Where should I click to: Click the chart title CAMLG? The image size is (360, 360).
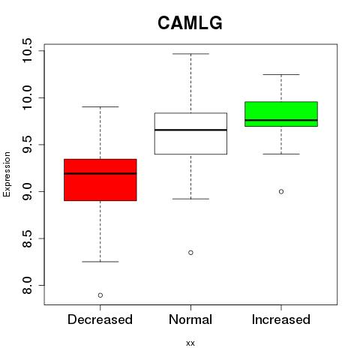click(x=190, y=23)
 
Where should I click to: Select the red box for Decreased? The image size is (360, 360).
click(x=100, y=180)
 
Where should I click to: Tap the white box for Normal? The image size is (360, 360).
click(x=190, y=133)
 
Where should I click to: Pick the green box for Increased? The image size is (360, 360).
click(x=281, y=114)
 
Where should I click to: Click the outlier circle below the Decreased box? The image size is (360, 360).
click(x=100, y=295)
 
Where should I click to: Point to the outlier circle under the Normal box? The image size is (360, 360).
click(x=190, y=253)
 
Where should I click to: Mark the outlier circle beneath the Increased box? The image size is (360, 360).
click(x=281, y=191)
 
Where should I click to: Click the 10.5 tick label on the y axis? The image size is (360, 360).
click(x=27, y=51)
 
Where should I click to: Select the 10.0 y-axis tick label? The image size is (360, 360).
click(x=27, y=97)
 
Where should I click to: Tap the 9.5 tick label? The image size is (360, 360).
click(x=27, y=145)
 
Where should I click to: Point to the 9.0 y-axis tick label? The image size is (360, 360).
click(x=27, y=192)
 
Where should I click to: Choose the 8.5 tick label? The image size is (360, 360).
click(x=27, y=238)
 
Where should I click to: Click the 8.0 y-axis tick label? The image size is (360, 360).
click(x=27, y=286)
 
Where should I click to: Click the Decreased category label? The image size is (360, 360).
click(x=100, y=319)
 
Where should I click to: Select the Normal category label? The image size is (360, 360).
click(x=190, y=319)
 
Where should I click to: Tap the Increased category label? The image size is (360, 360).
click(x=281, y=319)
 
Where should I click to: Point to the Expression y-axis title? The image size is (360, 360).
click(x=7, y=175)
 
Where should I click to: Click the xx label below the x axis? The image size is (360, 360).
click(x=190, y=343)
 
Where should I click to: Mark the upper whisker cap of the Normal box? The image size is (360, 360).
click(x=190, y=54)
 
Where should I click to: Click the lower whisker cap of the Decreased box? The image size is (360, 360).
click(x=100, y=262)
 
